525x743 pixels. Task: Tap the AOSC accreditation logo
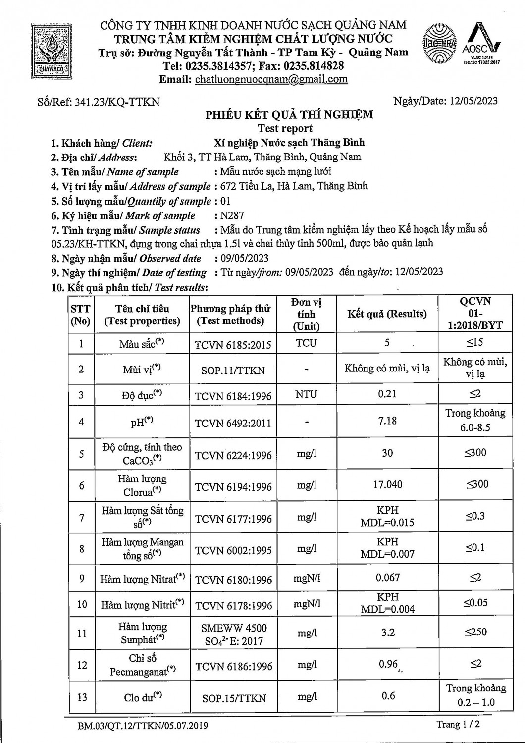pyautogui.click(x=481, y=44)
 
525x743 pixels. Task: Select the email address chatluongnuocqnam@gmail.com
pyautogui.click(x=271, y=79)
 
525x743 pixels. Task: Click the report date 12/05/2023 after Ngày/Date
pyautogui.click(x=473, y=101)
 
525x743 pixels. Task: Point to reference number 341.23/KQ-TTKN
pyautogui.click(x=117, y=102)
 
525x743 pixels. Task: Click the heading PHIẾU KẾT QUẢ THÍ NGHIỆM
pyautogui.click(x=289, y=115)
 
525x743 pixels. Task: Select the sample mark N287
pyautogui.click(x=232, y=215)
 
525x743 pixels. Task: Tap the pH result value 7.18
pyautogui.click(x=387, y=421)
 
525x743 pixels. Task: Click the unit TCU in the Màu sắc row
pyautogui.click(x=306, y=343)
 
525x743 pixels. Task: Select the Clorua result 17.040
pyautogui.click(x=387, y=484)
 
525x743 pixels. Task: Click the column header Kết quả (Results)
pyautogui.click(x=387, y=314)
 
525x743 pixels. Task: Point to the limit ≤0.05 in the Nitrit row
pyautogui.click(x=475, y=603)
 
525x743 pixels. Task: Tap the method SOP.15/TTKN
pyautogui.click(x=234, y=698)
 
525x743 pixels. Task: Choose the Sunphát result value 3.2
pyautogui.click(x=388, y=632)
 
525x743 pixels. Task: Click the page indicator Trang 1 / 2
pyautogui.click(x=458, y=724)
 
